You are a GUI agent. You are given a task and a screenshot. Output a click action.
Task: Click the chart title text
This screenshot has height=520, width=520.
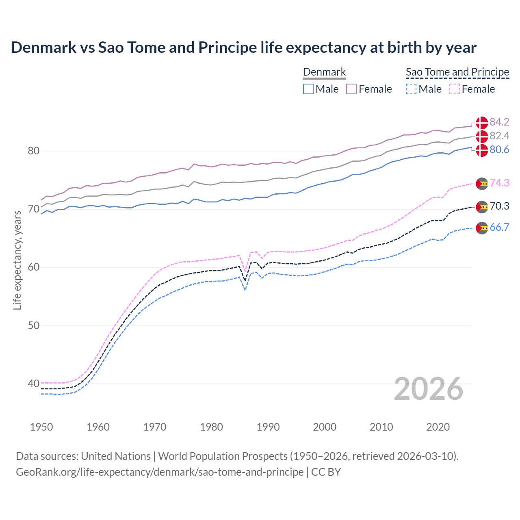click(x=243, y=48)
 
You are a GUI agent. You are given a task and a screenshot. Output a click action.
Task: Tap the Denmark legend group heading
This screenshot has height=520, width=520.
click(x=324, y=72)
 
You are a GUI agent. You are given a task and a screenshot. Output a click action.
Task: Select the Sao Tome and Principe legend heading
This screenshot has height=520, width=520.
click(x=457, y=72)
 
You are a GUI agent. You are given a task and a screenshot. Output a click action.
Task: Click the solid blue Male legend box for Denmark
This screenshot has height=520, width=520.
click(x=308, y=89)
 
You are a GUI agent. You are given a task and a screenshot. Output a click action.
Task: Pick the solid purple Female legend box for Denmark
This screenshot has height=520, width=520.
click(x=351, y=89)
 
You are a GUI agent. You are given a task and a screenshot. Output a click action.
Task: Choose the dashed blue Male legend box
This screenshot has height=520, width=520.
click(x=411, y=89)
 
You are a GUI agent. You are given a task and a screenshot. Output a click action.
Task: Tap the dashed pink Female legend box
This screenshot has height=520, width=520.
click(x=455, y=89)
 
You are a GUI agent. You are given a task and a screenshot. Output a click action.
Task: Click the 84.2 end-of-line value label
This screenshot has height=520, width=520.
click(x=499, y=122)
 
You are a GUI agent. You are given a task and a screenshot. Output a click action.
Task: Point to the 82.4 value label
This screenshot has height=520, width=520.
click(x=499, y=136)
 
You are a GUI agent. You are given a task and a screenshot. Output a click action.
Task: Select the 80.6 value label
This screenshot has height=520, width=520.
click(x=499, y=150)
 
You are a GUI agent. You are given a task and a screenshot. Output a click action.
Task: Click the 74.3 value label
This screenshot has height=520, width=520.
click(x=499, y=183)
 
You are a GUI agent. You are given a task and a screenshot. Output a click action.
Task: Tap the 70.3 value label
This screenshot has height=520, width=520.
click(x=499, y=206)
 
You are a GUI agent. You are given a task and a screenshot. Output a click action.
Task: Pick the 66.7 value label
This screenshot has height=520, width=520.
click(x=499, y=227)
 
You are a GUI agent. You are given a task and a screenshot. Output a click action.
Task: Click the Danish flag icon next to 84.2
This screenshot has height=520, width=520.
click(x=482, y=122)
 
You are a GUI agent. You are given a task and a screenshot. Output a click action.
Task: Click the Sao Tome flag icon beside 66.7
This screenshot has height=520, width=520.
click(x=482, y=228)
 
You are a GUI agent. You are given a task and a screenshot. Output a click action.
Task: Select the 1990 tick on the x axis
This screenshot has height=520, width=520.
click(x=268, y=427)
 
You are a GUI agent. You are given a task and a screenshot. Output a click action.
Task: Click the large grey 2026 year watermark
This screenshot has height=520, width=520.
click(x=428, y=389)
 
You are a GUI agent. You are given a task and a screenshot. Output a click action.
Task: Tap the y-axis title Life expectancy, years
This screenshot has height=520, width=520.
click(x=17, y=260)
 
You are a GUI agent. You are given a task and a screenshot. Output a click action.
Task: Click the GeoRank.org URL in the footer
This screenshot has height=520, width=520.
click(x=160, y=472)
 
